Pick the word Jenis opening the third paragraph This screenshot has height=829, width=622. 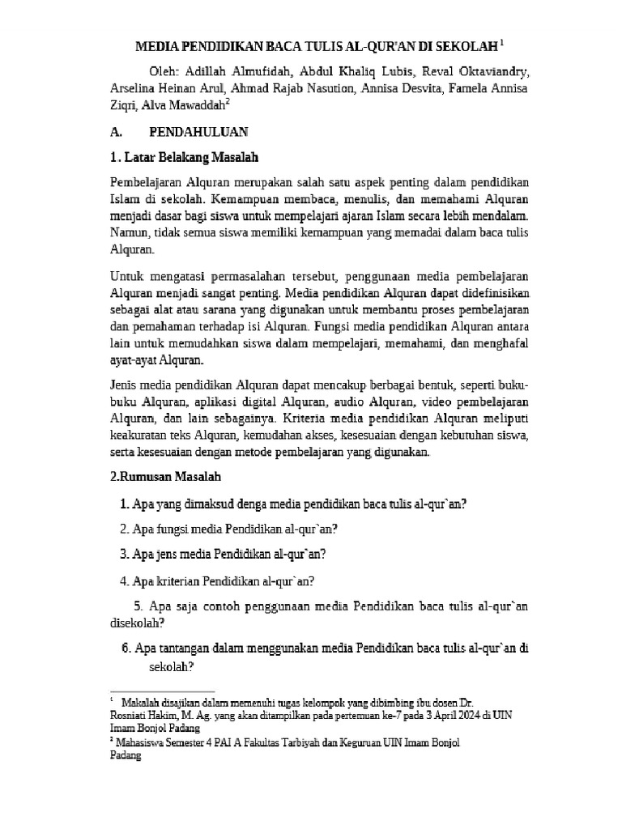coord(124,383)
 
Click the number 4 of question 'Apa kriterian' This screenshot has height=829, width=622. coord(123,580)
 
